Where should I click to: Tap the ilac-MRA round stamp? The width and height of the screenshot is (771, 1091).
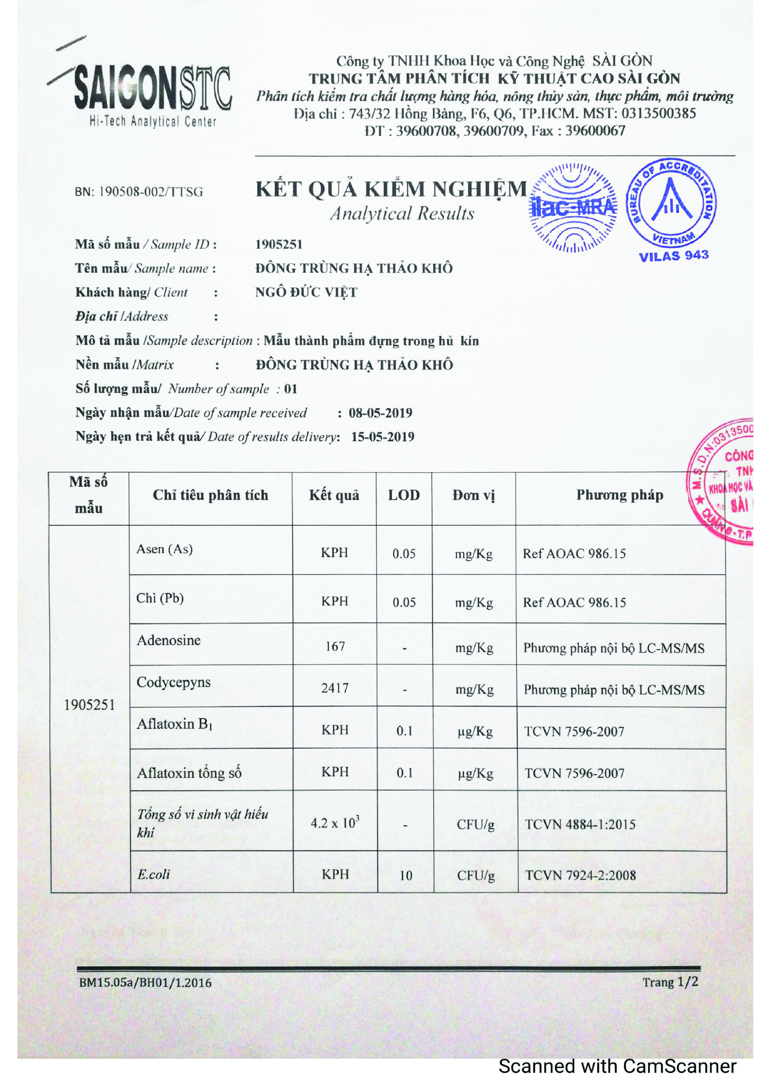573,208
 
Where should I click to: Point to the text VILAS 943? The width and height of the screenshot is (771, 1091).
673,256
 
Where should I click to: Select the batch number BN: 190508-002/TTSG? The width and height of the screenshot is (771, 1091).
139,192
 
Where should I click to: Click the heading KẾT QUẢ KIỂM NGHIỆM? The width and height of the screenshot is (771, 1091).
391,189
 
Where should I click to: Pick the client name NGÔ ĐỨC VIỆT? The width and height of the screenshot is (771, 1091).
306,292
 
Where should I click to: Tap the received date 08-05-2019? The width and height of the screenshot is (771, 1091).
380,413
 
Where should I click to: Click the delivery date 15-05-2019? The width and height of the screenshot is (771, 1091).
383,437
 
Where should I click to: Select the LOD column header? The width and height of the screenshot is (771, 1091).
404,496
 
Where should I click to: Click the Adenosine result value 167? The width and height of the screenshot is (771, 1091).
335,646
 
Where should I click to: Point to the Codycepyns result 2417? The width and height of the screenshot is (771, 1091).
335,688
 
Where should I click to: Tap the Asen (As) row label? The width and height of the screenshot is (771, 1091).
165,549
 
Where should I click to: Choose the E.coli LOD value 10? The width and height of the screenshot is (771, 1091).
405,875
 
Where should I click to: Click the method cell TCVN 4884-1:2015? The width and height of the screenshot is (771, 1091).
580,824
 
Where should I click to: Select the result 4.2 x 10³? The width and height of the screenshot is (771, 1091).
335,823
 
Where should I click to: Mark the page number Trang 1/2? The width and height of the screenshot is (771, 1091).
670,982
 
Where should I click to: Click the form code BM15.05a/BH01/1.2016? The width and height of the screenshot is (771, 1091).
145,983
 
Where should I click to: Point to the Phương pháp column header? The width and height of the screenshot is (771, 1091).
619,495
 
